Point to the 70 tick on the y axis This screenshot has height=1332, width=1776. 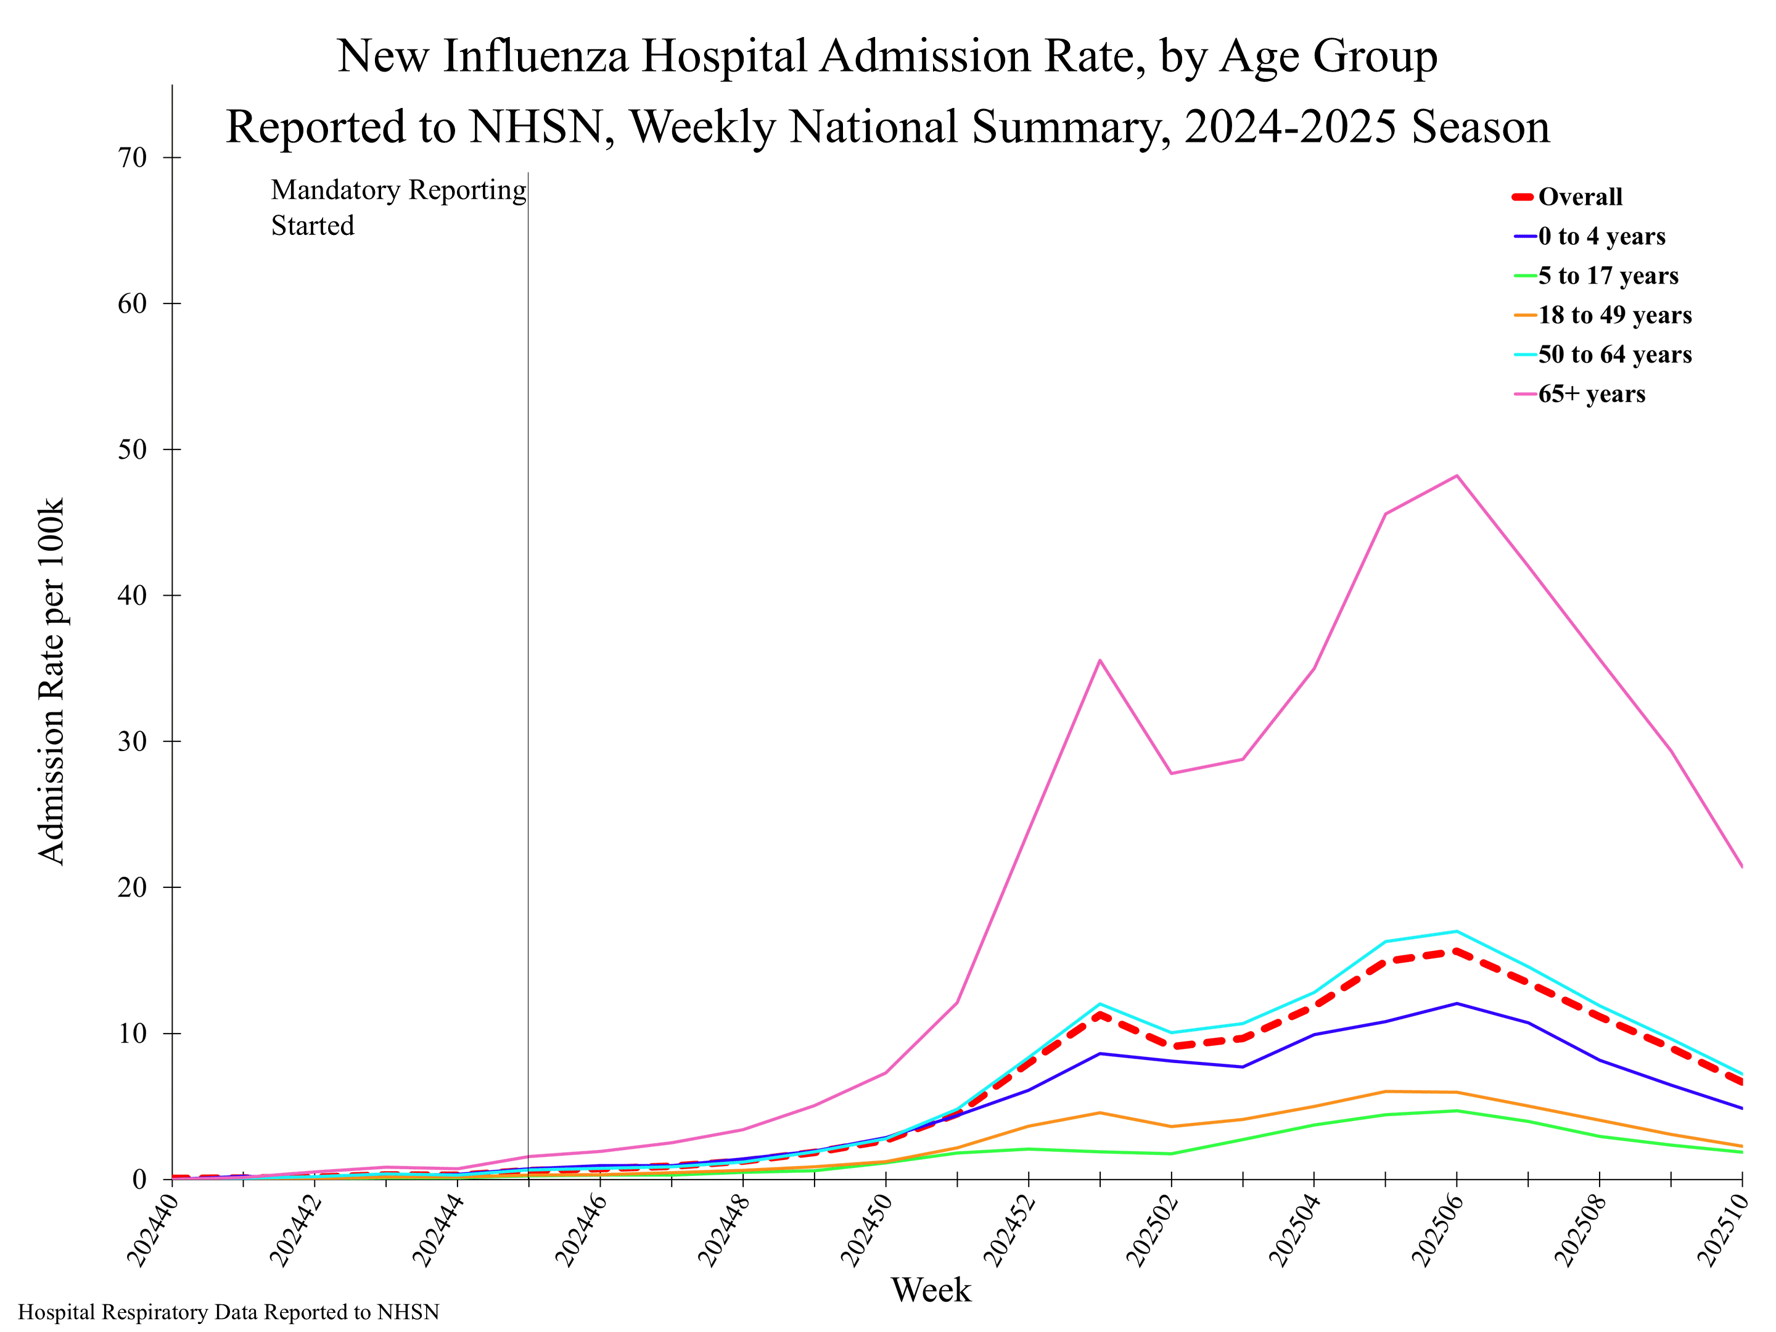pos(133,157)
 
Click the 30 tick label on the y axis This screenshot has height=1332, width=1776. pos(133,741)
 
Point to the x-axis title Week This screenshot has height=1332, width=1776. pos(931,1290)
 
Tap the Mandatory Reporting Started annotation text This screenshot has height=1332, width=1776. pos(398,207)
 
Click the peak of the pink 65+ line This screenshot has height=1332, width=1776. pos(1457,475)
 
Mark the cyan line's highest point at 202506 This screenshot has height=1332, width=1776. pos(1457,931)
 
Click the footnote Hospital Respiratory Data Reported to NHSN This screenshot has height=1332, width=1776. pos(229,1312)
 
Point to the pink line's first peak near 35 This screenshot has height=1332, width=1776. pos(1100,660)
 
